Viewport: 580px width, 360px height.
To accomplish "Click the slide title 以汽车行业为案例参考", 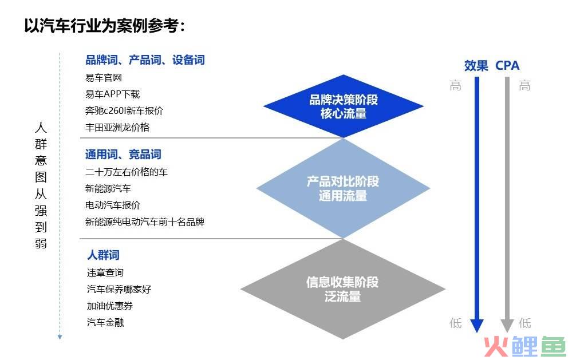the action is pos(105,26).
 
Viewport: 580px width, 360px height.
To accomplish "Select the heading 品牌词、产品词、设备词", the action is pos(145,60).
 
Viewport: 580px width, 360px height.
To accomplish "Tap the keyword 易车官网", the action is pos(104,78).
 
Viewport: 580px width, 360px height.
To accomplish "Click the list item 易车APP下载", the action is pos(112,94).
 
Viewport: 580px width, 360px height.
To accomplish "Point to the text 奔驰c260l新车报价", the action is pos(124,110).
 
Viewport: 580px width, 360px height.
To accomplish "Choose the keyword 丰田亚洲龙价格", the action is pos(117,127).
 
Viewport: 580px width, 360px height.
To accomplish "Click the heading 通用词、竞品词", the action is pos(123,154).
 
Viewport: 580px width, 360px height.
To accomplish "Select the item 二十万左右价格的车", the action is pos(127,172).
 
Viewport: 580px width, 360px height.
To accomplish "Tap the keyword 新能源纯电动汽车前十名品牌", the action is pos(145,221).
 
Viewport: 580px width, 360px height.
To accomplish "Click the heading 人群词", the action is pos(103,255).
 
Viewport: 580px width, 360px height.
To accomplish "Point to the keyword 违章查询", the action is pos(105,272).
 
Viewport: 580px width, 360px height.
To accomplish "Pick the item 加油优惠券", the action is pos(110,306).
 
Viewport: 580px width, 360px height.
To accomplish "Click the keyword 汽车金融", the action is pos(105,322).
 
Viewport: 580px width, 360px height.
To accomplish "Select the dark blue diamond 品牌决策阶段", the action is pos(344,106).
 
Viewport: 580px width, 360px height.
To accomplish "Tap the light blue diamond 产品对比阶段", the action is pos(343,188).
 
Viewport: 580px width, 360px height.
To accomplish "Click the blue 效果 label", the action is pos(476,66).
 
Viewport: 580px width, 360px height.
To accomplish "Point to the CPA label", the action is pos(507,66).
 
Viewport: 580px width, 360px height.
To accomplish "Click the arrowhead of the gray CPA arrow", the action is pos(507,326).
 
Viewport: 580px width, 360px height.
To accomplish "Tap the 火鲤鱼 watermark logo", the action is pos(525,346).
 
